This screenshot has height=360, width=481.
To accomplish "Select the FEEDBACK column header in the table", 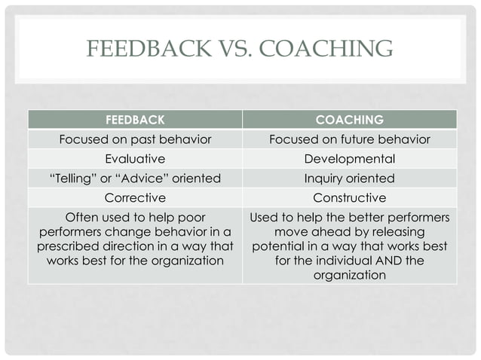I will click(135, 120).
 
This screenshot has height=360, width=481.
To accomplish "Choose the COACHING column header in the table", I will click(349, 120).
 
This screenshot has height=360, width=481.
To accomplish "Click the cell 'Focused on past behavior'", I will click(135, 139).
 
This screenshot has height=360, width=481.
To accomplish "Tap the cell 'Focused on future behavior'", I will click(349, 139).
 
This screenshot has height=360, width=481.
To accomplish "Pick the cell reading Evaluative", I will click(135, 159).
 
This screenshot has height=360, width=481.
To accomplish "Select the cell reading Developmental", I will click(349, 159).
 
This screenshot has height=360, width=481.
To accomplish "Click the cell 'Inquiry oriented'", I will click(349, 178).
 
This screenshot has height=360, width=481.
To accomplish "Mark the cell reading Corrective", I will click(135, 198).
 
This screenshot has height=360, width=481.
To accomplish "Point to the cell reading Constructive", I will click(349, 198).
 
